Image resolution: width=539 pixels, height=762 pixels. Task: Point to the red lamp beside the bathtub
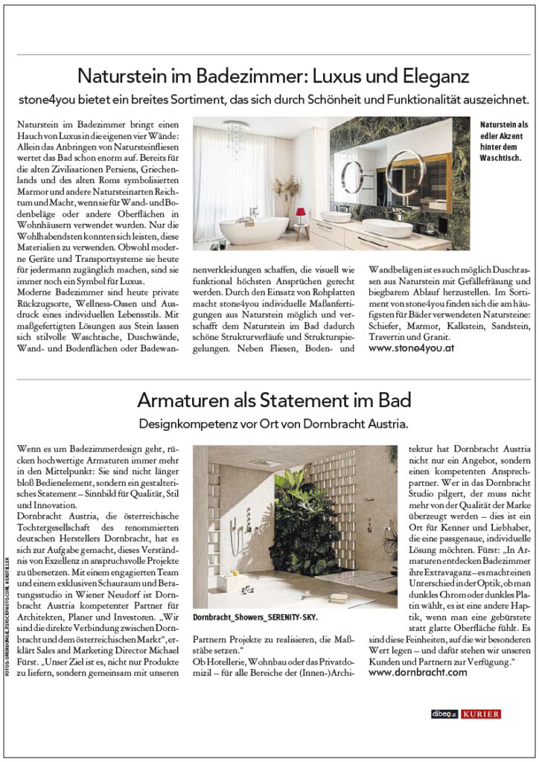(x=301, y=214)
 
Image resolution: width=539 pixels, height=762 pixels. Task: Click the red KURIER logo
(x=481, y=714)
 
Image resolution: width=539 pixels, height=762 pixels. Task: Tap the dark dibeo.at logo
(x=444, y=714)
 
